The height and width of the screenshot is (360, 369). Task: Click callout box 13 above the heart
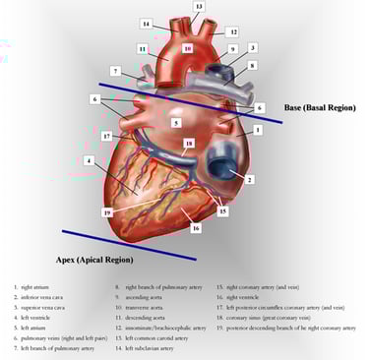coord(198,7)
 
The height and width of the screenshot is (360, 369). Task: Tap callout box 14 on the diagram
coord(146,24)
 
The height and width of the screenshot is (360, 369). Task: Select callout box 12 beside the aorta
coord(232,31)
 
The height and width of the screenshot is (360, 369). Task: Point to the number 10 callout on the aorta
coord(187,47)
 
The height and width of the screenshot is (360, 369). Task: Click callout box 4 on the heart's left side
coord(89,160)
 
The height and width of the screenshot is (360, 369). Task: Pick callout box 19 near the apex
coord(107,211)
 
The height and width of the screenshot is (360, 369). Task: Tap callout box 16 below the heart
coord(196,227)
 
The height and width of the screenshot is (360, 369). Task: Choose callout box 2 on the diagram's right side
coord(250,180)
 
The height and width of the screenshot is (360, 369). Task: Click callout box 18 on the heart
coord(190,144)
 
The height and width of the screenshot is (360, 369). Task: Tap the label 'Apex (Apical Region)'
coord(94,260)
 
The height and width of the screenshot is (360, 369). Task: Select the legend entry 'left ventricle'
coord(36,318)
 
